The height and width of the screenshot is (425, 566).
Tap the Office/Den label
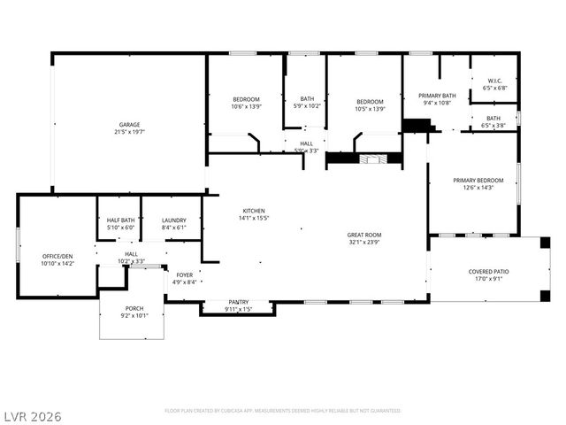click(x=58, y=256)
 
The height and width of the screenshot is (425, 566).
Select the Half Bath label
click(x=121, y=220)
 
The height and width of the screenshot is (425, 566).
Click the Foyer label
click(x=184, y=275)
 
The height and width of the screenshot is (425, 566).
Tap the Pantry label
click(x=239, y=302)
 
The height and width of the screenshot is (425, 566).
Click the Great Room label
click(x=363, y=235)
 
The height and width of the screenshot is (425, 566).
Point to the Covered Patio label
click(x=488, y=272)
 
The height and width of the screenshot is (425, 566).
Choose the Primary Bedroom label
click(x=478, y=180)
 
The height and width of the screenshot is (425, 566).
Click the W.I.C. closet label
click(x=493, y=81)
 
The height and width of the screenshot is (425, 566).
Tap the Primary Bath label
click(x=437, y=96)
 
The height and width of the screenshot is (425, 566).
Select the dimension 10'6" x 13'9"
click(x=246, y=106)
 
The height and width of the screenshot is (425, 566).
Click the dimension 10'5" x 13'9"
click(x=370, y=107)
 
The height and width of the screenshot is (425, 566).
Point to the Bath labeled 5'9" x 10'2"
click(x=307, y=98)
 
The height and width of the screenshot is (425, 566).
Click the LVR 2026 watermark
click(x=32, y=415)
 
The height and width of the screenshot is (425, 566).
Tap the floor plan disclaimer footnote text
click(x=283, y=411)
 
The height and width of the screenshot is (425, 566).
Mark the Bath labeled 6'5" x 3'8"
click(x=493, y=118)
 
